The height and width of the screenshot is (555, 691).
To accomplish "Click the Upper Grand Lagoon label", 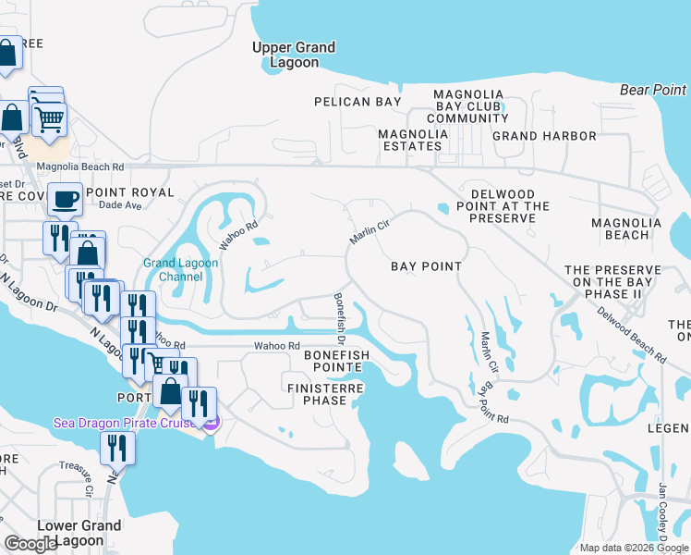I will coord(295,55).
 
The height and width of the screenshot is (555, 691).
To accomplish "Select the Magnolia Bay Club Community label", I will coord(467,106).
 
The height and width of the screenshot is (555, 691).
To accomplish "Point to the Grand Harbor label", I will coord(544,136).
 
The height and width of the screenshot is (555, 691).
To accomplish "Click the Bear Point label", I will coord(653,90).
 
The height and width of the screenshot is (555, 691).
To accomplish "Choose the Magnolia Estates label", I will coord(412,140).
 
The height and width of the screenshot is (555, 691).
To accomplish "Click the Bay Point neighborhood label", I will coord(426,266).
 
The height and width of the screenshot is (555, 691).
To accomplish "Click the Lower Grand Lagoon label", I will coord(79,533).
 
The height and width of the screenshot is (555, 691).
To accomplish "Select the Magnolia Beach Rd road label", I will coord(79,167).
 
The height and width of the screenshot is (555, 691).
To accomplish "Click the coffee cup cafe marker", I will coord(65,198).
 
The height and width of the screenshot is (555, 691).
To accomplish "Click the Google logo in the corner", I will coord(31,544).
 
